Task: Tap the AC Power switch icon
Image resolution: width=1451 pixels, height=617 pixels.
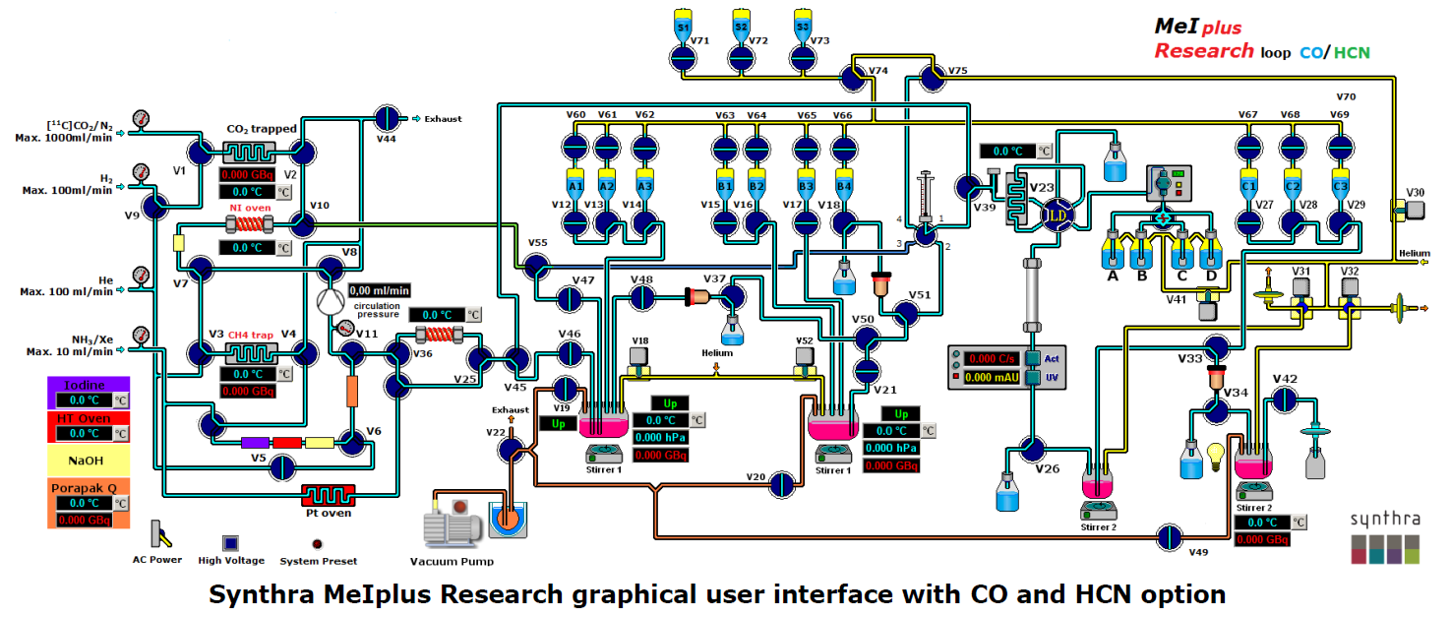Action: point(157,534)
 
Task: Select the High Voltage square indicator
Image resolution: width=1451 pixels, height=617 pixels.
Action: point(230,543)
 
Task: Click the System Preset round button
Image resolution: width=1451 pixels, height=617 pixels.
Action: point(318,544)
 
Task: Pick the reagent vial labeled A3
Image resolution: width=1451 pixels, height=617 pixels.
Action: point(645,183)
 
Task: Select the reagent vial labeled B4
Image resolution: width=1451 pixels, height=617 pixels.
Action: point(843,183)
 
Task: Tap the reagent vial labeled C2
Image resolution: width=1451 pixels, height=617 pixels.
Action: point(1293,183)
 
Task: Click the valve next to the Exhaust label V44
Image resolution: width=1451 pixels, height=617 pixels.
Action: point(390,118)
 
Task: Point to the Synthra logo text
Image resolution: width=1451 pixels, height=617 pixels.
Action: point(1385,519)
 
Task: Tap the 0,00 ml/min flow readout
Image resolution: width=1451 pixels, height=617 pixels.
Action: point(379,290)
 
